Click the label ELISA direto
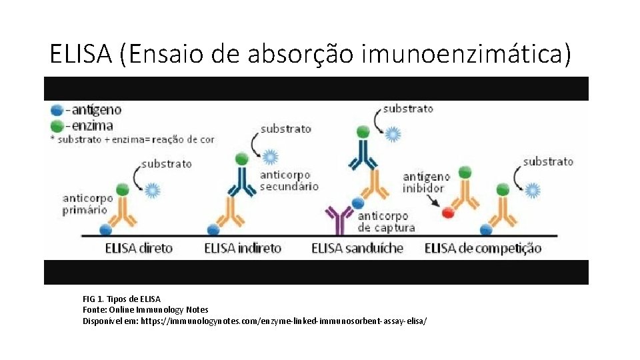(139, 248)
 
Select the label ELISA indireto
(242, 248)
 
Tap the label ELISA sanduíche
(357, 248)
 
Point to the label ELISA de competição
(483, 248)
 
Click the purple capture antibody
(339, 219)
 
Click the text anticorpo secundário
(289, 180)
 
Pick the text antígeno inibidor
(427, 182)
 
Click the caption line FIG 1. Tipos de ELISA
(122, 299)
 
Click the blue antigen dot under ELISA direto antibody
(105, 230)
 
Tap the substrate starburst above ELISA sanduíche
(393, 134)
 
